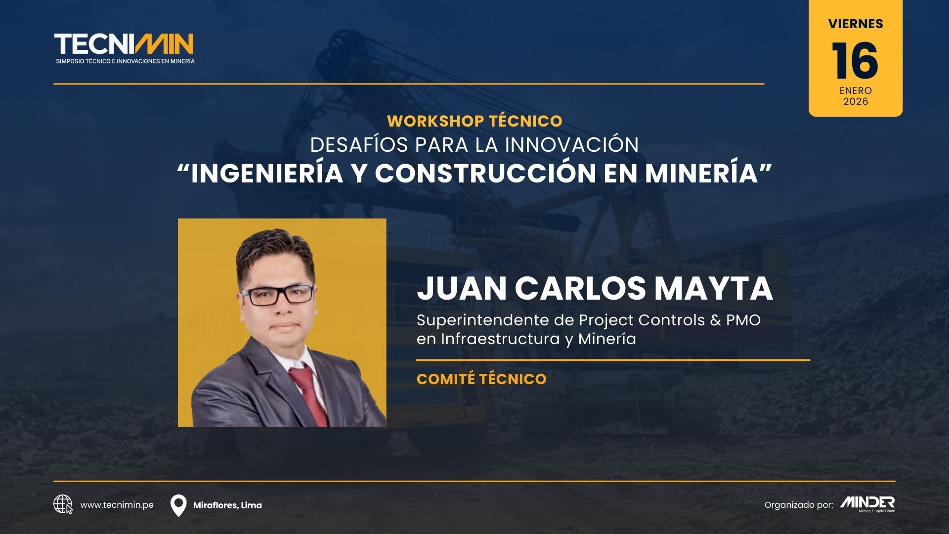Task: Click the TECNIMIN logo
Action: [x=124, y=48]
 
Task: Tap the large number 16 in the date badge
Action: [x=855, y=61]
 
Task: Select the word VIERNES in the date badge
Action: [x=856, y=24]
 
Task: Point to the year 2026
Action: [x=856, y=101]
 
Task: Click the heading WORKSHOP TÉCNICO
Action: [x=474, y=121]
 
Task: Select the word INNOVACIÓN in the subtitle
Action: [x=572, y=145]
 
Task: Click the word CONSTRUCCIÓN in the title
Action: [x=485, y=173]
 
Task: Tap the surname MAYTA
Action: [x=714, y=288]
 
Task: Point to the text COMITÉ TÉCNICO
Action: [x=481, y=379]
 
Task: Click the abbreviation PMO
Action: [x=743, y=320]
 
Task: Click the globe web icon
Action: [x=63, y=505]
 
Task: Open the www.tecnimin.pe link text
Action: [x=117, y=505]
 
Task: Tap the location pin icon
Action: [x=178, y=506]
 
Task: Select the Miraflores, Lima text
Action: [x=227, y=505]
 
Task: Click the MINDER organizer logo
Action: [x=867, y=504]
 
